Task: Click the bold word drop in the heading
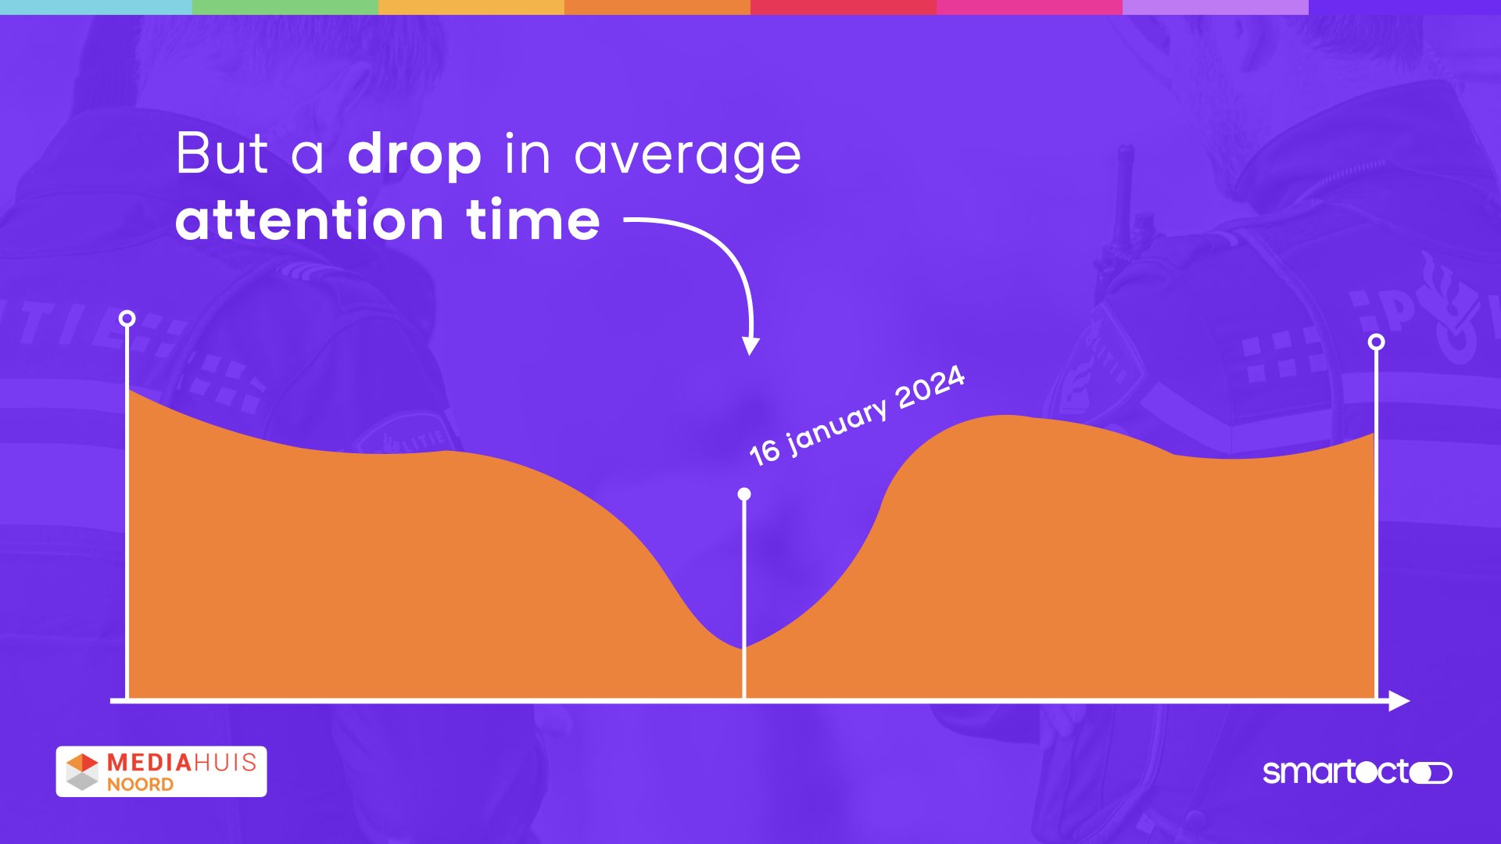click(414, 155)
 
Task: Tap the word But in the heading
click(222, 153)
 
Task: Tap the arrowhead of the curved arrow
click(750, 346)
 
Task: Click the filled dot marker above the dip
click(744, 494)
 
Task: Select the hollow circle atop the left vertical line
click(127, 318)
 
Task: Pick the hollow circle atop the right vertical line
click(1377, 342)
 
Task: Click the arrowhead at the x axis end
click(1399, 701)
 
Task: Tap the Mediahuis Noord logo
click(161, 771)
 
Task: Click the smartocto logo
click(1357, 772)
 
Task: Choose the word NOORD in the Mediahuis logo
click(140, 785)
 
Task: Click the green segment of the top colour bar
click(285, 7)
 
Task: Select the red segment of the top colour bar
click(844, 7)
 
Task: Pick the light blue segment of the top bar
click(96, 7)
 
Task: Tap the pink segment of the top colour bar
click(1030, 7)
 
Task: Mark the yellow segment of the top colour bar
click(471, 7)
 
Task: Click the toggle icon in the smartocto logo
click(1431, 773)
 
